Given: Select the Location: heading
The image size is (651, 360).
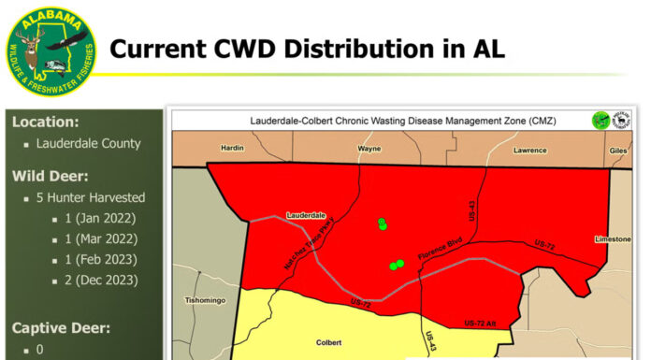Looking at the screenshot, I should pos(45,122).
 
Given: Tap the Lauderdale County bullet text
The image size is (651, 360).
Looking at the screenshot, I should pos(88,143).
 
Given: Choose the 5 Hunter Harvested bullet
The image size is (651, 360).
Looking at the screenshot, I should pos(91,197).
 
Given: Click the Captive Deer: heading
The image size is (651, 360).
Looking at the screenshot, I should pos(61,327).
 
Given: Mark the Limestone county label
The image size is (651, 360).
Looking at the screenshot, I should pos(612,239).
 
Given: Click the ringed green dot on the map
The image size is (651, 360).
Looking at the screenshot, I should pos(382,223).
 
